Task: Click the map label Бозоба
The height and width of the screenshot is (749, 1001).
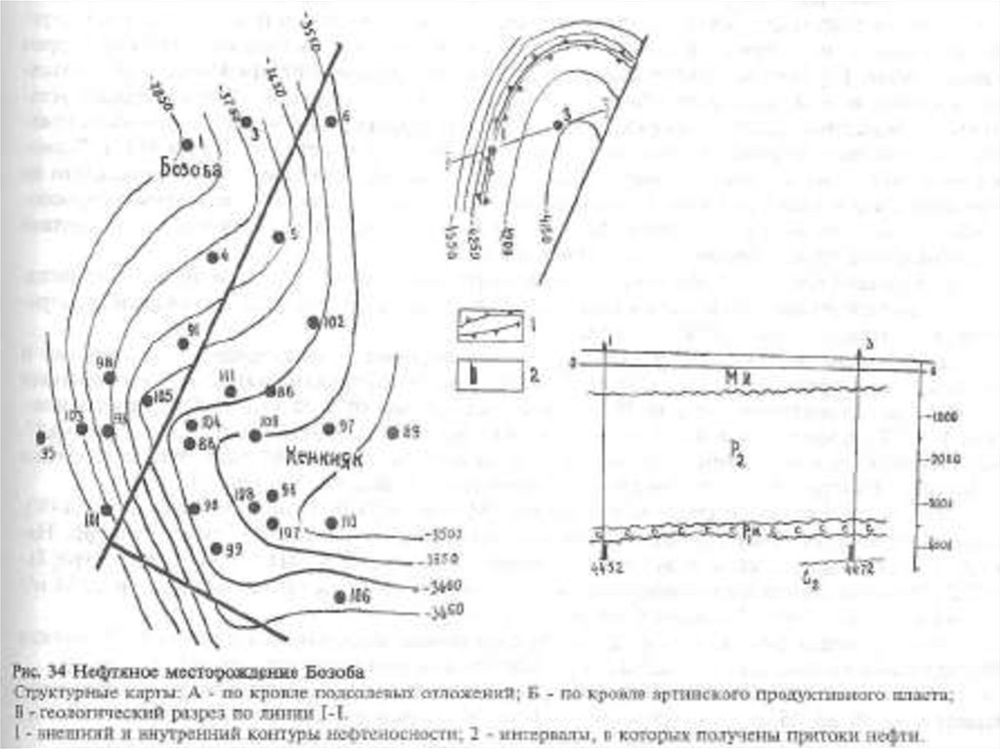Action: [190, 170]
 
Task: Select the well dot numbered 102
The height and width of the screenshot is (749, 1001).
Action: [313, 321]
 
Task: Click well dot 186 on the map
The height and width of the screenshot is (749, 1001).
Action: [339, 596]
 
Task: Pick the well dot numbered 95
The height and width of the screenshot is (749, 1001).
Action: [41, 437]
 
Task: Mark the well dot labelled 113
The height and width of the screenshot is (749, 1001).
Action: [331, 522]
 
